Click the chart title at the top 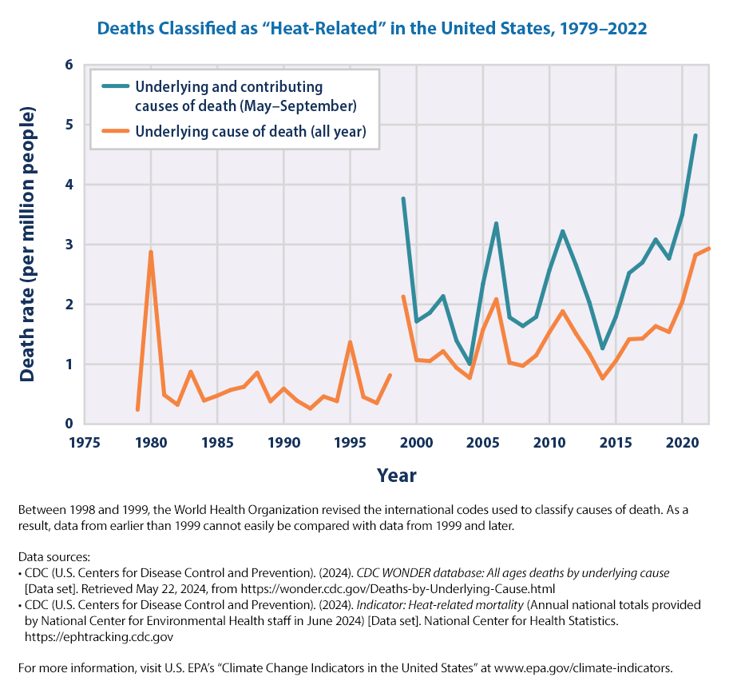point(370,28)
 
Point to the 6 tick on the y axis point(69,65)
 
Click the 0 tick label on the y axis point(69,424)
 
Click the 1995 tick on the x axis point(350,442)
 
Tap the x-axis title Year point(396,476)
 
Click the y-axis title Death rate point(27,244)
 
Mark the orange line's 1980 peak point(151,253)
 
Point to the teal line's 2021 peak point(695,136)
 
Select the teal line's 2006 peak point(496,224)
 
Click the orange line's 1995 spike point(350,342)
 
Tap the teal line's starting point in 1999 point(403,199)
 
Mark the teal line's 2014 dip point(603,348)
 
